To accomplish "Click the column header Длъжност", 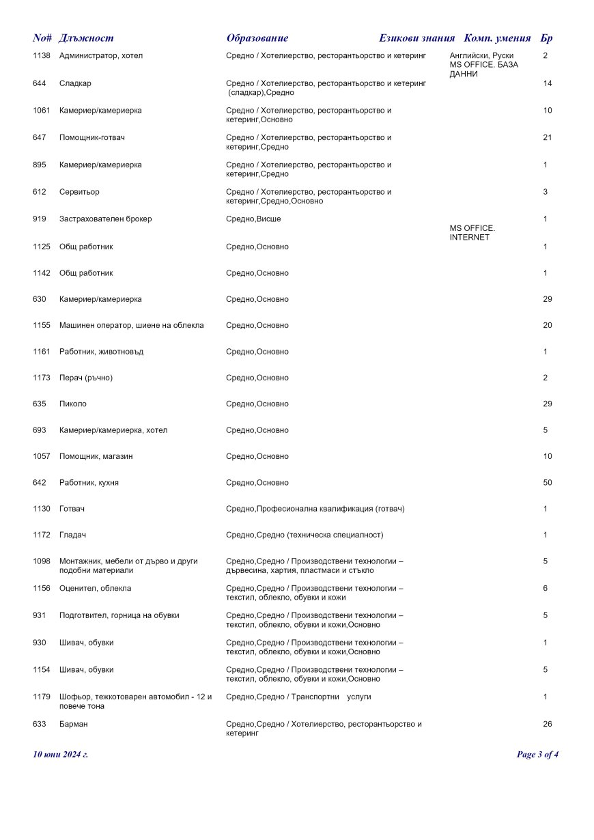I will [86, 38].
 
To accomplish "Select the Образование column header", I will [257, 38].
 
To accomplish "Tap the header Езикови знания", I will [416, 38].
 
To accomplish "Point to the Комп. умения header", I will [497, 38].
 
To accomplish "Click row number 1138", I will [42, 55].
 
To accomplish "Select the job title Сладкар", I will [75, 83].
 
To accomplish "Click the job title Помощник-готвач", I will [92, 137].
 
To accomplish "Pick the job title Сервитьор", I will [79, 192].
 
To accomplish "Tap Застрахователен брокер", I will [106, 219].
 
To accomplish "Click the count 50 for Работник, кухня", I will [548, 483].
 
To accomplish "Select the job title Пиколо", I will [73, 404].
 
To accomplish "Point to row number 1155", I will [42, 325].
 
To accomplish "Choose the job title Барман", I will [74, 724].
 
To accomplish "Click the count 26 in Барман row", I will [548, 724].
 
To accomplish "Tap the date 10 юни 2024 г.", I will [61, 755].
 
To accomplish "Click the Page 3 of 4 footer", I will [538, 755].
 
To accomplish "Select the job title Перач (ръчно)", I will [86, 378].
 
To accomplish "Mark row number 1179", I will [42, 697].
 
